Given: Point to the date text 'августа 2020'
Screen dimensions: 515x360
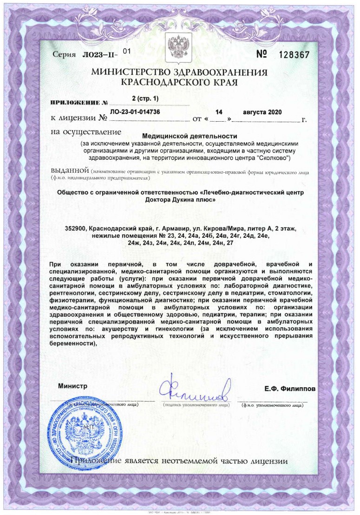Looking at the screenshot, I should (262, 112).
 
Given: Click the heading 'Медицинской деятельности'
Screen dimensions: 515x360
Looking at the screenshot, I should (190, 136).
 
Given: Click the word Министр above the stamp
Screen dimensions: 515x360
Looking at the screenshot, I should (73, 386).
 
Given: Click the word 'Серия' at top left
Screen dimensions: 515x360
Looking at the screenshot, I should (65, 55).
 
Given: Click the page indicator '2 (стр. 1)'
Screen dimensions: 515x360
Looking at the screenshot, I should (145, 98).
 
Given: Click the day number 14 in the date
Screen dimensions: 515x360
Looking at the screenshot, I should (220, 112).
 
